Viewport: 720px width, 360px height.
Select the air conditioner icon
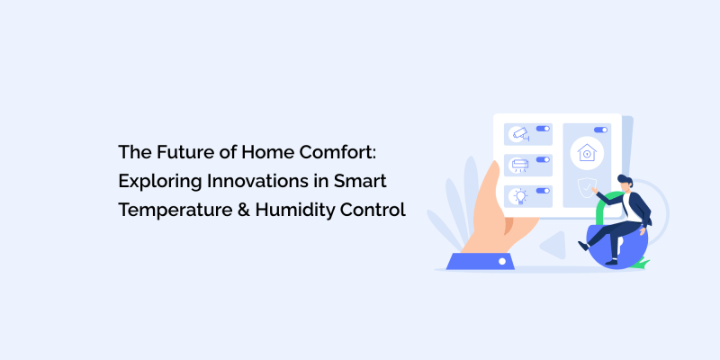[519, 165]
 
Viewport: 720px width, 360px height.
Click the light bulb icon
[518, 195]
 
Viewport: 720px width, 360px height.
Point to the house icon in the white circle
[587, 153]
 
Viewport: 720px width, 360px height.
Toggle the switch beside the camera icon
[542, 129]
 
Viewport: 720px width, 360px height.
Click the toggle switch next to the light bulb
[542, 190]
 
